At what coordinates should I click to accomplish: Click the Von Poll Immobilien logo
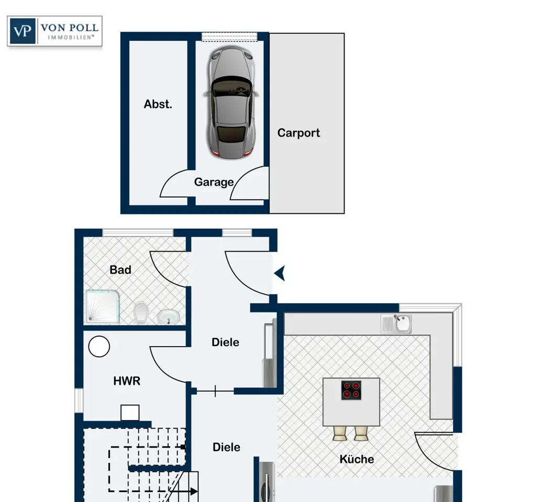pos(55,31)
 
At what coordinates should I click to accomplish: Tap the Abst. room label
pos(158,104)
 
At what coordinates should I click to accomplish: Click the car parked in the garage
pos(231,102)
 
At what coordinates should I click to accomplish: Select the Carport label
pos(298,133)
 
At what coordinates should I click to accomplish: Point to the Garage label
pos(214,182)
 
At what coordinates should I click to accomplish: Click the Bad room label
pos(120,270)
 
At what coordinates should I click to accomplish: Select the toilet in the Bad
pos(141,313)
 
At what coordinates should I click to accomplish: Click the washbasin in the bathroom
pos(168,316)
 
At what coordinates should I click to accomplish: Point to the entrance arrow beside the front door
pos(280,273)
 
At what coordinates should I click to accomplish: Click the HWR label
pos(127,381)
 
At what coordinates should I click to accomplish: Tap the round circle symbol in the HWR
pos(99,346)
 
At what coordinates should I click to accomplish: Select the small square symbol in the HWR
pos(130,413)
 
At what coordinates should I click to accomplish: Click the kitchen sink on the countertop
pos(396,324)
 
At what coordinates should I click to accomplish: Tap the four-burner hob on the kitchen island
pos(351,390)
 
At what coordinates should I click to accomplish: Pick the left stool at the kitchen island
pos(340,433)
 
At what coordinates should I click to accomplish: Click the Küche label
pos(357,459)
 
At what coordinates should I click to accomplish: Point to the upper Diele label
pos(225,342)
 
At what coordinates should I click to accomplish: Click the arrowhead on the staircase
pos(194,491)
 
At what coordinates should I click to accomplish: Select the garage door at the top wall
pos(229,37)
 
